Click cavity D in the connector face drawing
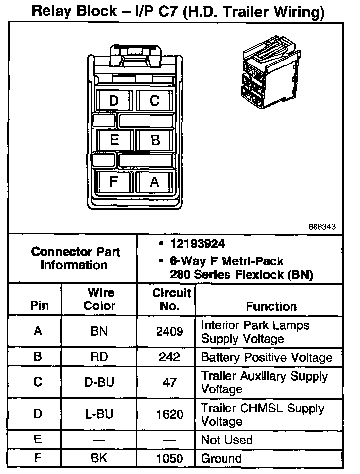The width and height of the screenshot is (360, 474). coord(114,101)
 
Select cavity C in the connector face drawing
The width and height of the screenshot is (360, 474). coord(155,101)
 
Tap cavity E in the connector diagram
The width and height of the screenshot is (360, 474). coord(114,140)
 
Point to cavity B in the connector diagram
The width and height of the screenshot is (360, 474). coord(155,140)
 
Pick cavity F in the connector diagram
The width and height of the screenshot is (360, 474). coord(114,181)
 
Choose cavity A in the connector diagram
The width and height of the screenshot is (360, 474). coord(155,181)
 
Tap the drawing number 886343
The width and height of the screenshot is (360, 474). coord(322,227)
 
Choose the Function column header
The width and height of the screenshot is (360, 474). coord(271,306)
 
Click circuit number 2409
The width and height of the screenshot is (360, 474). coord(169,332)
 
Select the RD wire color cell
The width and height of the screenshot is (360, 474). coord(100,357)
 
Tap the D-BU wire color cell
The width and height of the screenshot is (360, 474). coord(100,382)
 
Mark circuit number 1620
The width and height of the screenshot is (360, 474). coord(169,414)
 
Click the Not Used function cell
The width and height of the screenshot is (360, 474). coord(226,440)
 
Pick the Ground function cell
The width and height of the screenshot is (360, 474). coord(221,459)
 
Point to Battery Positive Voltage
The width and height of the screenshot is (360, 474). coord(266,357)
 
